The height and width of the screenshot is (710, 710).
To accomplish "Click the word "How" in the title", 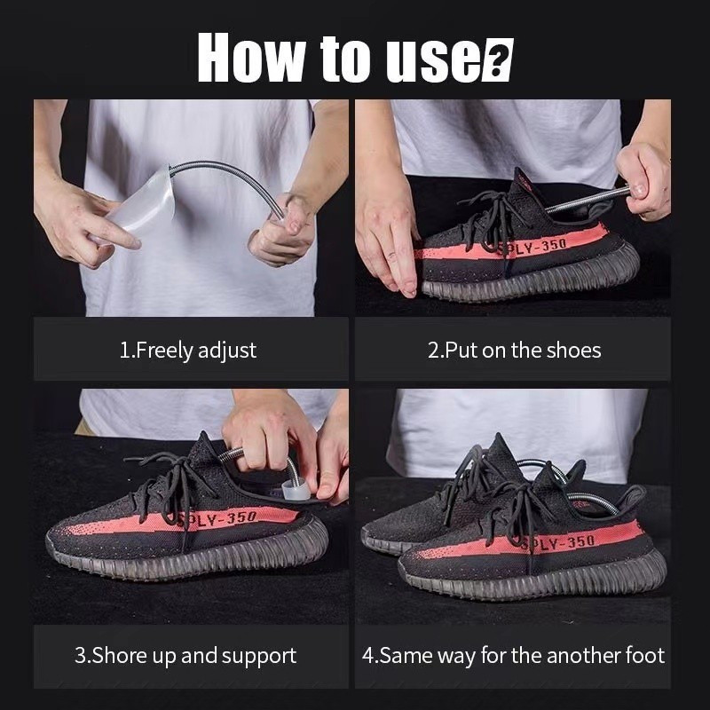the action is pos(251,58).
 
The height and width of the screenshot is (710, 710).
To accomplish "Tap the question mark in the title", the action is pos(498,60).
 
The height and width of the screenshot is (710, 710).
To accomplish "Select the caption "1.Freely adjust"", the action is pos(188,351).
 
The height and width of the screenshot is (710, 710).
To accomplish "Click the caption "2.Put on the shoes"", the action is pos(515,351).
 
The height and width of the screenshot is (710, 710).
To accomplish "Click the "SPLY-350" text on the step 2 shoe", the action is pos(532,247).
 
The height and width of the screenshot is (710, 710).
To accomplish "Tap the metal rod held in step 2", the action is pos(588,201).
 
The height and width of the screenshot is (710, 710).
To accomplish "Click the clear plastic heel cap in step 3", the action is pos(296,491).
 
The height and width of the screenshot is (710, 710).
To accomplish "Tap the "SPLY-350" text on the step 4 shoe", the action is pos(558,543).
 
